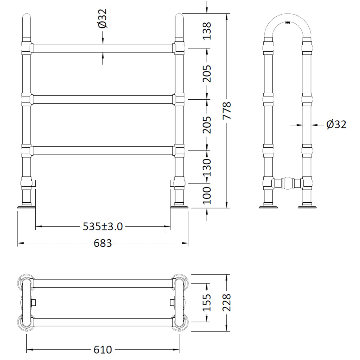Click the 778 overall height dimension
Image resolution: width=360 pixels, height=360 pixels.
pos(227,111)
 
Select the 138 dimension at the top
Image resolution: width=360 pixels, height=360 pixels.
pos(207,31)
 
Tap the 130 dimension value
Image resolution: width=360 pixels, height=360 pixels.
pos(207,167)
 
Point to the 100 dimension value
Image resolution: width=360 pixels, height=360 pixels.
pos(207,195)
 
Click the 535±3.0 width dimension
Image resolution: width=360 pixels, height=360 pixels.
pos(103,226)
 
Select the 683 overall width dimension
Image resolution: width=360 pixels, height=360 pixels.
pos(103,243)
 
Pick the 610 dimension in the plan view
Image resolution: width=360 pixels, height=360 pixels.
pos(103,349)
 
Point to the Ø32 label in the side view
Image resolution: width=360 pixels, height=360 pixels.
pos(336,124)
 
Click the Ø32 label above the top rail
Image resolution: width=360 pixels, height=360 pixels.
pos(102,19)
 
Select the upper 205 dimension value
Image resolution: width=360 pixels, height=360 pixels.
pos(207,73)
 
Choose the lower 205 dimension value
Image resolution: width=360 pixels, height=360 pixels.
pos(207,125)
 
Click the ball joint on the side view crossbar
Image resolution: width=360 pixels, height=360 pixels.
pos(288,183)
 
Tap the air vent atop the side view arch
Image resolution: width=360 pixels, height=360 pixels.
pos(287,22)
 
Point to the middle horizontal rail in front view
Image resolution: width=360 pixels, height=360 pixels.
pos(103,99)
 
